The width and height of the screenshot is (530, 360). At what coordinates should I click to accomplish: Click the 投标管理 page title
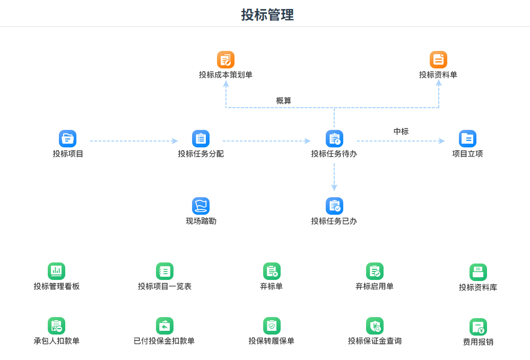click(267, 15)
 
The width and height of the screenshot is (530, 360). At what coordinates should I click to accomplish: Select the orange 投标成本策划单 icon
click(226, 60)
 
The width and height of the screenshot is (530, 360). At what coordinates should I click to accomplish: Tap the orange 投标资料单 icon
click(438, 60)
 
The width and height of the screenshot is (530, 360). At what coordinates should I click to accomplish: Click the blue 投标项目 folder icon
click(67, 139)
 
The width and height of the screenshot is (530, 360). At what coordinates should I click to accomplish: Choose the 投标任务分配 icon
click(201, 139)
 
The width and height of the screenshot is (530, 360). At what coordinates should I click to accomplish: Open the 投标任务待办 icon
click(334, 139)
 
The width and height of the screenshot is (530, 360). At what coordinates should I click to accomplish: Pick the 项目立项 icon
click(467, 139)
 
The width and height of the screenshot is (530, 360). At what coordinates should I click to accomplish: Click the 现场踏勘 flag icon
click(201, 206)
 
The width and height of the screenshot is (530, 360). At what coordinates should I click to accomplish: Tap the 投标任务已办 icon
click(334, 206)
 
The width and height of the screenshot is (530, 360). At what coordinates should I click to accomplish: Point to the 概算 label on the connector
click(284, 101)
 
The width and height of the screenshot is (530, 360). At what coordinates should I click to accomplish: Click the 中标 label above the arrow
click(401, 131)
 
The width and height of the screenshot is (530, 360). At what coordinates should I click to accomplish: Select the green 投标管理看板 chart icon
click(56, 271)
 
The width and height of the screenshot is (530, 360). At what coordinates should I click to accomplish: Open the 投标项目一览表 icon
click(164, 271)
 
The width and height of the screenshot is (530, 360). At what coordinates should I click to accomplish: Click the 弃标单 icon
click(272, 271)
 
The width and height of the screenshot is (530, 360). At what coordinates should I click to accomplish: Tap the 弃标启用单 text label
click(375, 286)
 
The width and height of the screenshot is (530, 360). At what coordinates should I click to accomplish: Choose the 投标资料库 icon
click(479, 272)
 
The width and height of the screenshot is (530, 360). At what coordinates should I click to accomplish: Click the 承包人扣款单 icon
click(56, 326)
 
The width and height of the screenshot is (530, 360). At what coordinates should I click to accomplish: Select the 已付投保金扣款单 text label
click(164, 341)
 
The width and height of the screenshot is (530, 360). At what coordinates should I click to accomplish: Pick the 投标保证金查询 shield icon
click(375, 326)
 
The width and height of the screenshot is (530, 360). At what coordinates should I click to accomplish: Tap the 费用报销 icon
click(479, 327)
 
